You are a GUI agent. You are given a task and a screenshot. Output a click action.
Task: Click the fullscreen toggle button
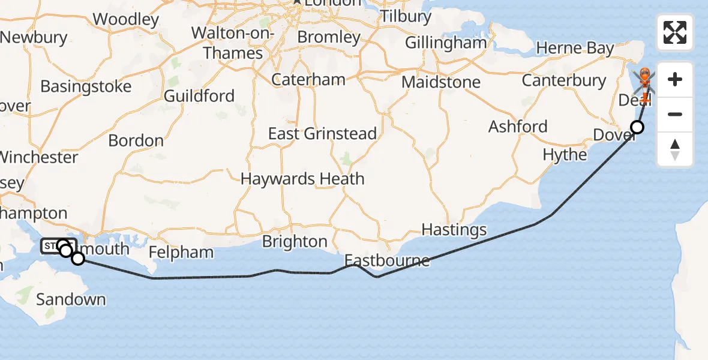[x=675, y=32]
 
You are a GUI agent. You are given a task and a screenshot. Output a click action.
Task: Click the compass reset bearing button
[x=675, y=149]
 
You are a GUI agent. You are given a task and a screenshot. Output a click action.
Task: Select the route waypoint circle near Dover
[x=637, y=127]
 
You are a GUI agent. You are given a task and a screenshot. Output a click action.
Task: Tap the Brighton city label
[x=295, y=241]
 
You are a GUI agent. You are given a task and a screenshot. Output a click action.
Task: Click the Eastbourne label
[x=387, y=261]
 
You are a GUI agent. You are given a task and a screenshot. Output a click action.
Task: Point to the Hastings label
[x=454, y=230]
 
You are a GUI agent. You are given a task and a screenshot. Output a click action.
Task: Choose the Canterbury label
[x=563, y=80]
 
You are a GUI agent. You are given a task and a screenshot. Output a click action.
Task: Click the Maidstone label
[x=441, y=82]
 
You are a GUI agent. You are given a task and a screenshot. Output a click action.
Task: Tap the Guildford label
[x=199, y=96]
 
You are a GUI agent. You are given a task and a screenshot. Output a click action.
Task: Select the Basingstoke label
[x=86, y=86]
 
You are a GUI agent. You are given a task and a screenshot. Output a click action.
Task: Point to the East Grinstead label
[x=322, y=133]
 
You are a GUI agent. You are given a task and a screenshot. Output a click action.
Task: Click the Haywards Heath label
[x=302, y=179]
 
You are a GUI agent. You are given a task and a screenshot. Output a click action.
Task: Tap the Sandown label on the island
[x=71, y=299]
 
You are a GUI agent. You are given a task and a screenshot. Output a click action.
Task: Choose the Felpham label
[x=181, y=252]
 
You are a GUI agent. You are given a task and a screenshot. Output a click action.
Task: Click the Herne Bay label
[x=575, y=49]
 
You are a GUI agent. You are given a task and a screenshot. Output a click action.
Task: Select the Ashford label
[x=518, y=127]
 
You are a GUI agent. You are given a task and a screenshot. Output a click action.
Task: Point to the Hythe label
[x=565, y=155]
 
